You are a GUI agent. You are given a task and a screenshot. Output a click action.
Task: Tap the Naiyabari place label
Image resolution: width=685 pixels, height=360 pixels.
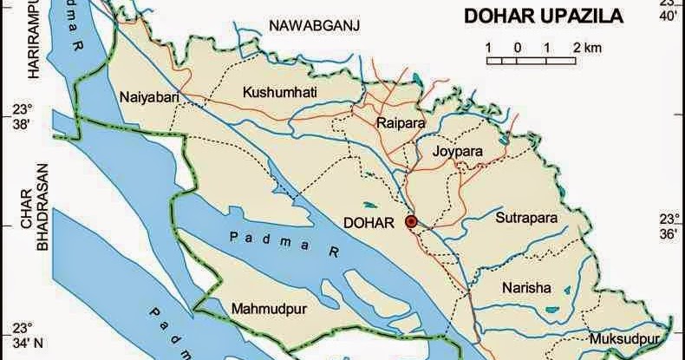pyautogui.click(x=151, y=97)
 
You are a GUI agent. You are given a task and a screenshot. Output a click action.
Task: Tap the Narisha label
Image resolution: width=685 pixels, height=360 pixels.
pyautogui.click(x=525, y=288)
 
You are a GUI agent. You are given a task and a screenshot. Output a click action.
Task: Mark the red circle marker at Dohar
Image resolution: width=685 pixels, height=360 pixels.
pyautogui.click(x=411, y=222)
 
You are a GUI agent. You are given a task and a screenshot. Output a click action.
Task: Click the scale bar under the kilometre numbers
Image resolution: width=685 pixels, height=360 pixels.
pyautogui.click(x=531, y=61)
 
